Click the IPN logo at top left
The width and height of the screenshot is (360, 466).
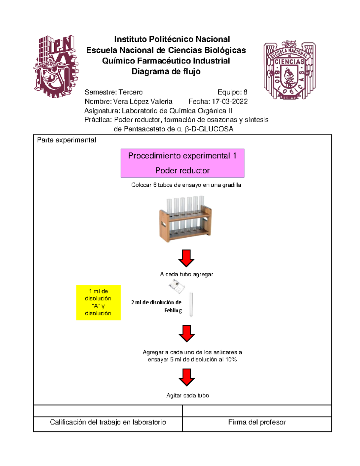coord(56,66)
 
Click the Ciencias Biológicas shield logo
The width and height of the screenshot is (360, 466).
coord(289,70)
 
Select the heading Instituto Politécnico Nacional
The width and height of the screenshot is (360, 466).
coord(172,39)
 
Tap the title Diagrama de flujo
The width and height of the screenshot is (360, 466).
coord(166,71)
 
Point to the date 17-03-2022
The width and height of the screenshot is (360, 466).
coord(230,101)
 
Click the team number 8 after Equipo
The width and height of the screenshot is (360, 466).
coord(245,92)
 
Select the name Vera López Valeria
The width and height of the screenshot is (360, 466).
coord(143,101)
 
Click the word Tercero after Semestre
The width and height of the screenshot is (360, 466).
coord(130,92)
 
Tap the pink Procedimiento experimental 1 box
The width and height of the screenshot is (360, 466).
coord(182,163)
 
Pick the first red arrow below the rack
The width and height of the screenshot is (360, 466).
coord(186,258)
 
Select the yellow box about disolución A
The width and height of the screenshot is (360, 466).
coord(98,302)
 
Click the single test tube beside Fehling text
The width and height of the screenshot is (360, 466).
coord(191,305)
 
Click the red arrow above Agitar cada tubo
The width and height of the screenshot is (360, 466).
coord(187,377)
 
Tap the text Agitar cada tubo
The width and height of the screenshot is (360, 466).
coord(187,395)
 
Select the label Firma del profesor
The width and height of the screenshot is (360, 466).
coord(257,422)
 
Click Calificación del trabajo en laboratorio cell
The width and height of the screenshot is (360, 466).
coord(108,422)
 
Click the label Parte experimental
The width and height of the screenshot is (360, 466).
coord(67,140)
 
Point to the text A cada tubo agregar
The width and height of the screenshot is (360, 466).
coord(186,274)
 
